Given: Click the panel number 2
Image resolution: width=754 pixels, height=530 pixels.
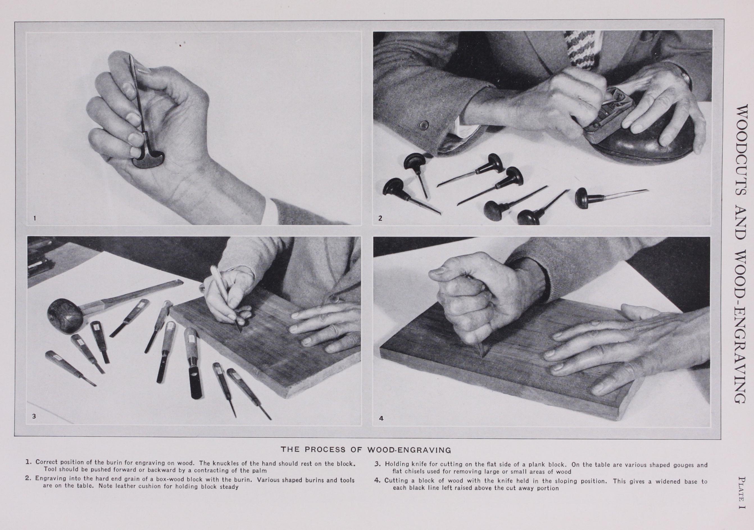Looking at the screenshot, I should pos(380,218).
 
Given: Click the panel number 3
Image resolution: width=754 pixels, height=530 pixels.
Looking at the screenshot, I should pos(34,417).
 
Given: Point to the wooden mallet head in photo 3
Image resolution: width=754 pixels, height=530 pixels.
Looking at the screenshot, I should pos(65,316).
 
